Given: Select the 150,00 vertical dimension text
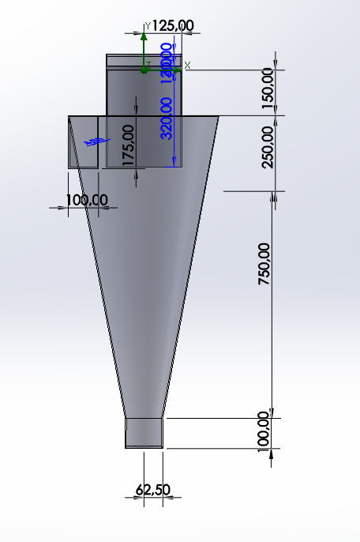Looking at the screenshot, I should (268, 88).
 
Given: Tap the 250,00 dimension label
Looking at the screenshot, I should (268, 146).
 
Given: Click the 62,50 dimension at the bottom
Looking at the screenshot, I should (153, 490).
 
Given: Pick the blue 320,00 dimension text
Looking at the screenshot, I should (167, 117).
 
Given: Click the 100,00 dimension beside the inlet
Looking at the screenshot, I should (86, 200).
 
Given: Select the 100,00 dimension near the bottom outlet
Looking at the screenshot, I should (264, 431).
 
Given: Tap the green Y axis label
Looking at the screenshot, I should (148, 26).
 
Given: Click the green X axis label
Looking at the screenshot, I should (187, 64).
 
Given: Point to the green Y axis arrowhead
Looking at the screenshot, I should (143, 36).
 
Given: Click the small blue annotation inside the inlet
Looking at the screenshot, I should (93, 141).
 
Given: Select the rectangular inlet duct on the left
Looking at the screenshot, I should (84, 142).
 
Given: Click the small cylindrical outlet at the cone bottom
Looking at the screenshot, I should (144, 433).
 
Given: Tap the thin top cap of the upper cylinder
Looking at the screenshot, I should (144, 58).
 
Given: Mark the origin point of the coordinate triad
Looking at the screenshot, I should (144, 70).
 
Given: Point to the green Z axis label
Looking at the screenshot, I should (147, 63).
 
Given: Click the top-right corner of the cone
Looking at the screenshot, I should (219, 117).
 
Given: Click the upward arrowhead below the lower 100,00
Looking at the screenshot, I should (272, 453).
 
